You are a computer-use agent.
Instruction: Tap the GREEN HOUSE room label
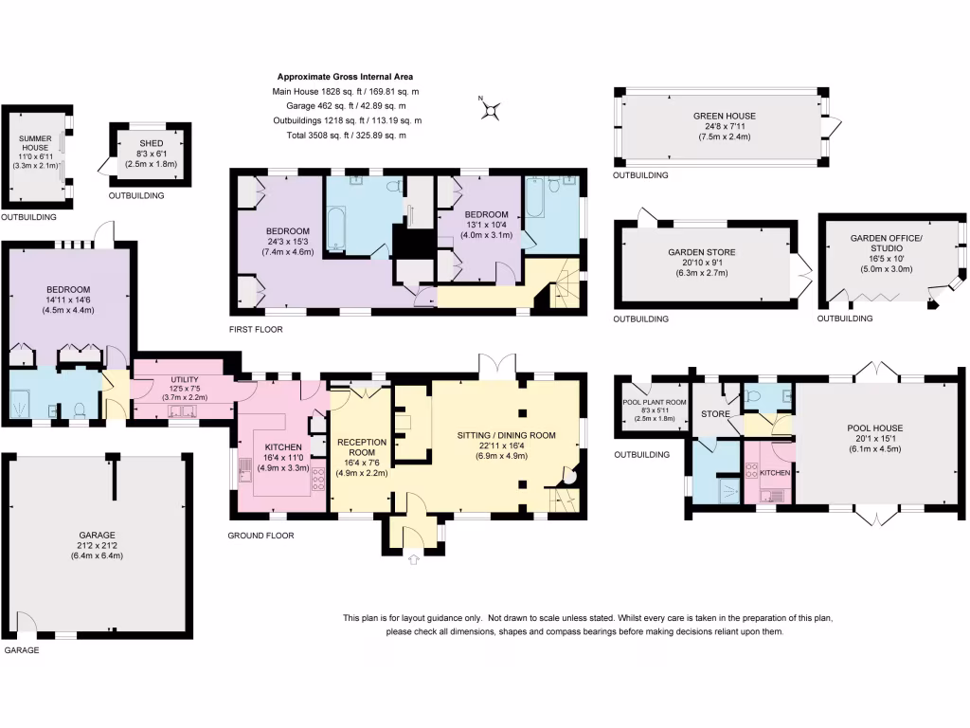click(x=723, y=116)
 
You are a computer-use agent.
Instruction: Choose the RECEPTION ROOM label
click(x=361, y=447)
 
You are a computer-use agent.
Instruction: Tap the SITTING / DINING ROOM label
click(x=506, y=435)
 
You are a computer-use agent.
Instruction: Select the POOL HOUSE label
click(x=874, y=428)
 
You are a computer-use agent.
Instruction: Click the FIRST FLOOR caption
click(x=256, y=329)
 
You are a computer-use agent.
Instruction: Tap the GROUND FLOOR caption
click(x=260, y=536)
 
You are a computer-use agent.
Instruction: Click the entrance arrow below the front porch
click(x=413, y=560)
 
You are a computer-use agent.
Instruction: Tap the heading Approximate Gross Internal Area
click(x=344, y=77)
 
